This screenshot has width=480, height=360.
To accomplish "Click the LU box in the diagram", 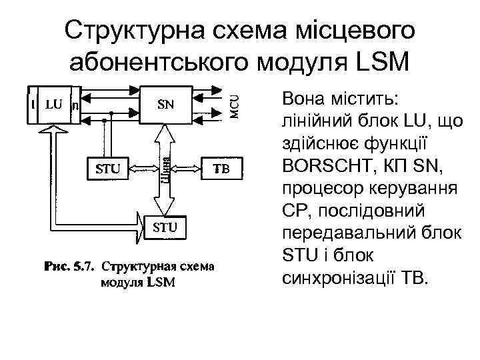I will click(x=54, y=105).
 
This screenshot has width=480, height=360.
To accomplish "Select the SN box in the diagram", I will click(x=165, y=105).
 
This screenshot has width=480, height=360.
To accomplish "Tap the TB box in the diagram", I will click(x=221, y=169).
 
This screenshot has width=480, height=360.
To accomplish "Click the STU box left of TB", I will click(x=107, y=169).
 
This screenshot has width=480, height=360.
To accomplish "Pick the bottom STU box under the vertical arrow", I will click(x=165, y=227).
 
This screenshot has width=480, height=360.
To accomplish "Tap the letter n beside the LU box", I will click(x=74, y=105).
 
